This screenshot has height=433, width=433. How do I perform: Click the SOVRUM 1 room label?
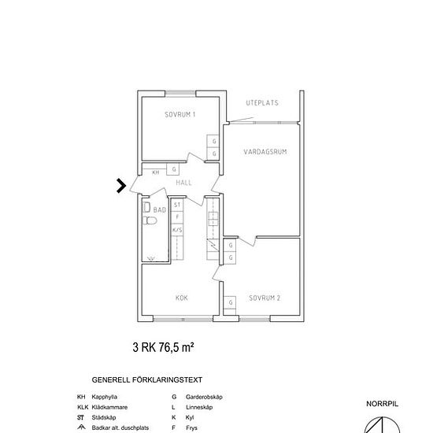click(180, 114)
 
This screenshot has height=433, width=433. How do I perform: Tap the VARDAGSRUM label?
click(265, 152)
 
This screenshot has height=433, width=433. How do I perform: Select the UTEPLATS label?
click(262, 102)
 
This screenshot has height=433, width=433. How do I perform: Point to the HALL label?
click(183, 183)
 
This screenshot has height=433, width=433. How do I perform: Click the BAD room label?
click(160, 210)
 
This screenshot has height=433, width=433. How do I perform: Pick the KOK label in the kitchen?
click(182, 298)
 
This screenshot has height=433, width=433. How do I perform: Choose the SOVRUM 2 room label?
click(265, 298)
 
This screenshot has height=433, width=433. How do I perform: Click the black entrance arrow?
click(121, 186)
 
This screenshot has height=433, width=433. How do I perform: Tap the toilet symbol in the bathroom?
click(150, 220)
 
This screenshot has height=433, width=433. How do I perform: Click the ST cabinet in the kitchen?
click(177, 205)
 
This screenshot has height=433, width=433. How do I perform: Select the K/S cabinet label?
click(177, 230)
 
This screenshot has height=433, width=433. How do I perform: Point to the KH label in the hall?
click(156, 172)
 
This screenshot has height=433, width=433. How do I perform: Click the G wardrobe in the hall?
click(173, 169)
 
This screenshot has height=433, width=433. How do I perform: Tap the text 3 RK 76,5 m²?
click(163, 347)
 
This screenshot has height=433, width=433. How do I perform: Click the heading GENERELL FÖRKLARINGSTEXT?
click(147, 380)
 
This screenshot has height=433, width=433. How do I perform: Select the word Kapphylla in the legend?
click(105, 397)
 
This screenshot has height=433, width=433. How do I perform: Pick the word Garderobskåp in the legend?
click(204, 397)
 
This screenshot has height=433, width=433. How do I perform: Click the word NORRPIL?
click(382, 404)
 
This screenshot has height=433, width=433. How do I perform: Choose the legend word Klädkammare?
click(109, 407)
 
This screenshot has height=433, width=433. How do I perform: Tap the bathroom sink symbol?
click(146, 207)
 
